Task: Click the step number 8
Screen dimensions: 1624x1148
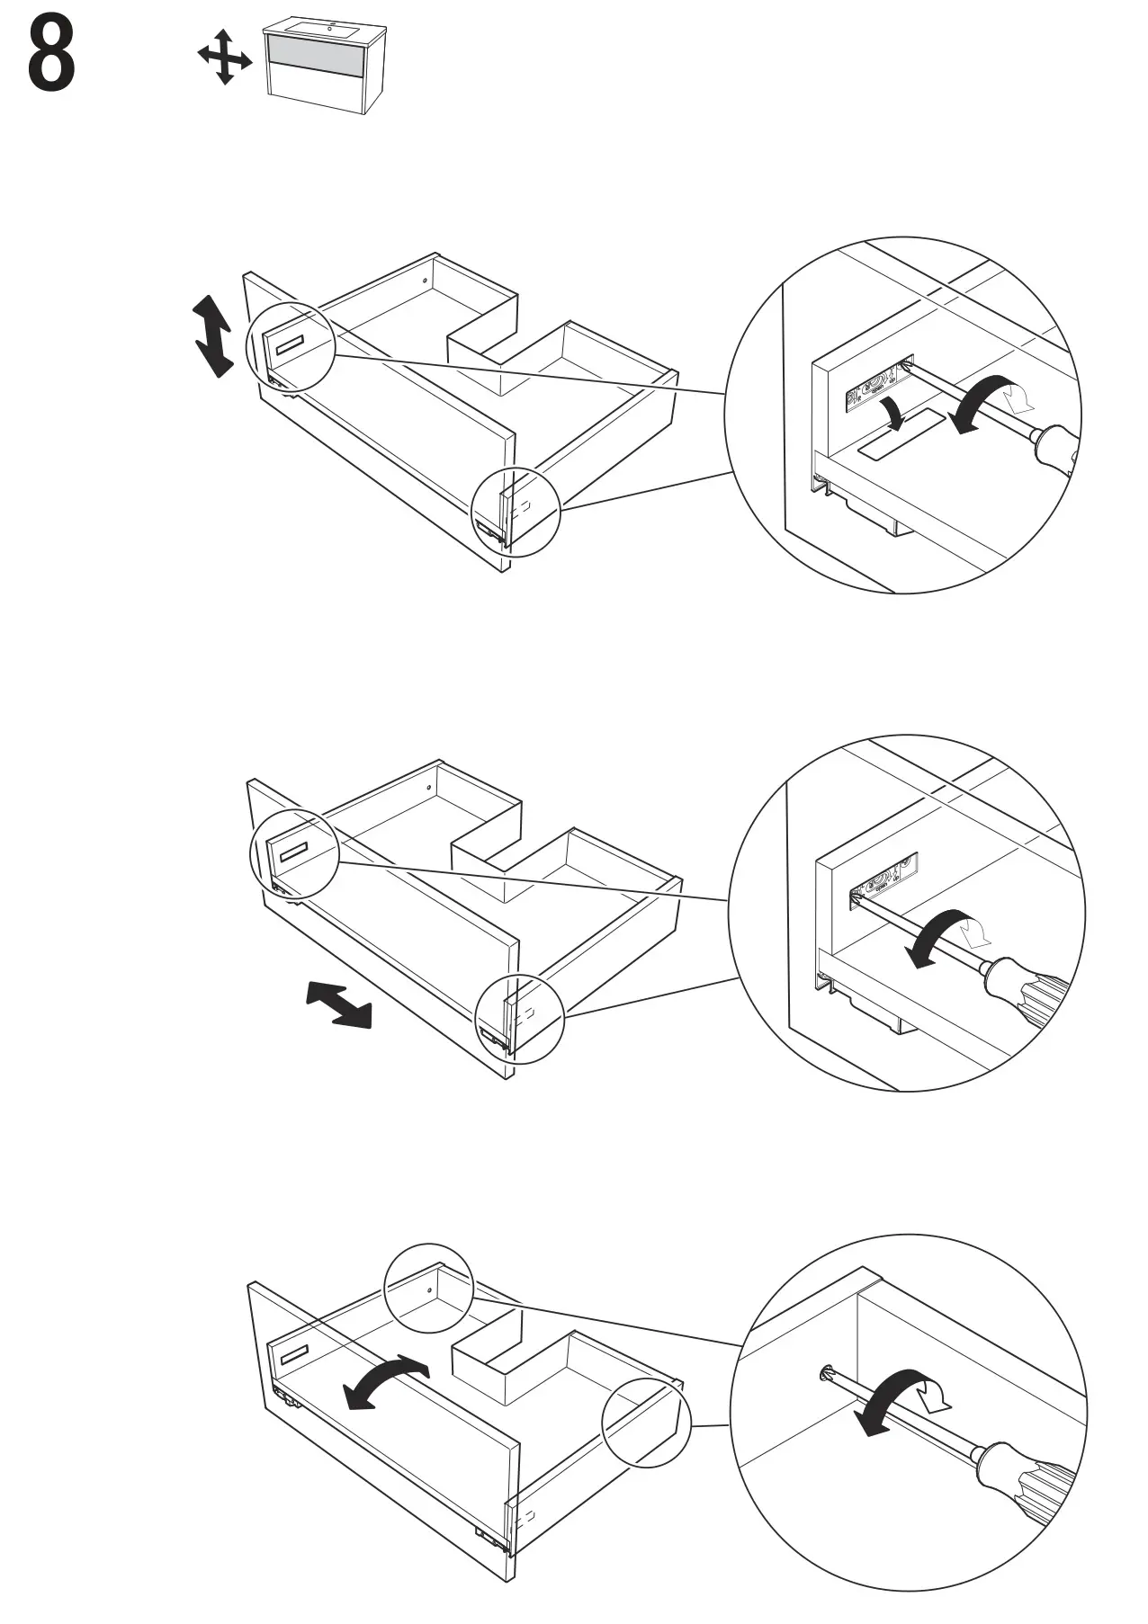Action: pos(51,56)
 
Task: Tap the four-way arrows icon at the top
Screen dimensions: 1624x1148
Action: pos(224,57)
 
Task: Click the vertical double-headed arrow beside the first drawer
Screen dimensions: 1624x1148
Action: pos(213,336)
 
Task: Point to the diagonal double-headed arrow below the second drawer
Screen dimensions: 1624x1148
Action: pos(338,1004)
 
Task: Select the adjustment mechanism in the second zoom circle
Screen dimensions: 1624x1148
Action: pos(884,879)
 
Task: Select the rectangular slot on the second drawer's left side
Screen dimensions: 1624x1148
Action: pos(293,852)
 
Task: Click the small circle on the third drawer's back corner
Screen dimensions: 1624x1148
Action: pos(428,1289)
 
